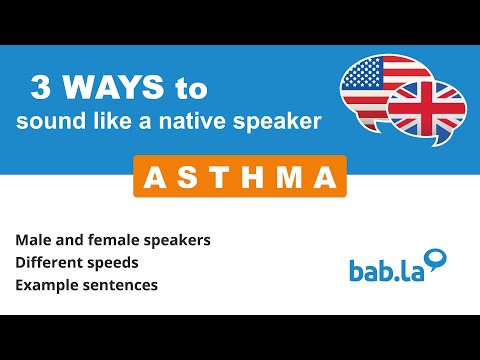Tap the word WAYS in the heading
point(108,89)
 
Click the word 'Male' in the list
point(32,242)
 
